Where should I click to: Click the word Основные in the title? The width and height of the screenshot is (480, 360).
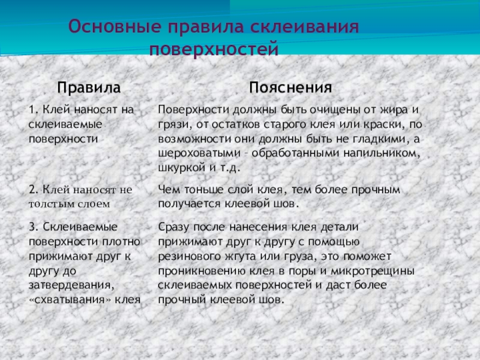[115, 26]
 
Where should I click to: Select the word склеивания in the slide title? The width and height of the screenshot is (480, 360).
[304, 27]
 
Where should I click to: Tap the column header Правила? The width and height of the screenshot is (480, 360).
[89, 88]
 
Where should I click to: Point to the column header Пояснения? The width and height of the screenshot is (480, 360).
[290, 88]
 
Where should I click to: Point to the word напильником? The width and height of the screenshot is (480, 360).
[382, 153]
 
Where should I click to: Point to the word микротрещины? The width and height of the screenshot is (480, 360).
[373, 271]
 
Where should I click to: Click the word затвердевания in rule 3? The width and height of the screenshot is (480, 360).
[71, 286]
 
